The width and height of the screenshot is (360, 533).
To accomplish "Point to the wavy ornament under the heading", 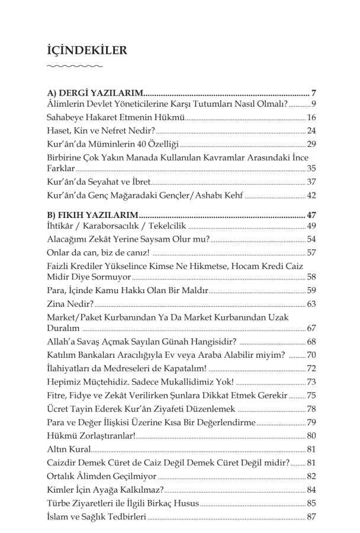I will click(x=74, y=66).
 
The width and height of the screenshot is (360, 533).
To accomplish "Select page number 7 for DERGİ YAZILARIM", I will click(x=314, y=93).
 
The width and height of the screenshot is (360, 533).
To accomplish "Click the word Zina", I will click(x=57, y=304).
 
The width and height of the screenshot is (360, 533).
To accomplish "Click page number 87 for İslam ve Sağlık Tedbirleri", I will click(x=311, y=517).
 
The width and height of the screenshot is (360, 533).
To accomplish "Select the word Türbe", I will click(x=59, y=503).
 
